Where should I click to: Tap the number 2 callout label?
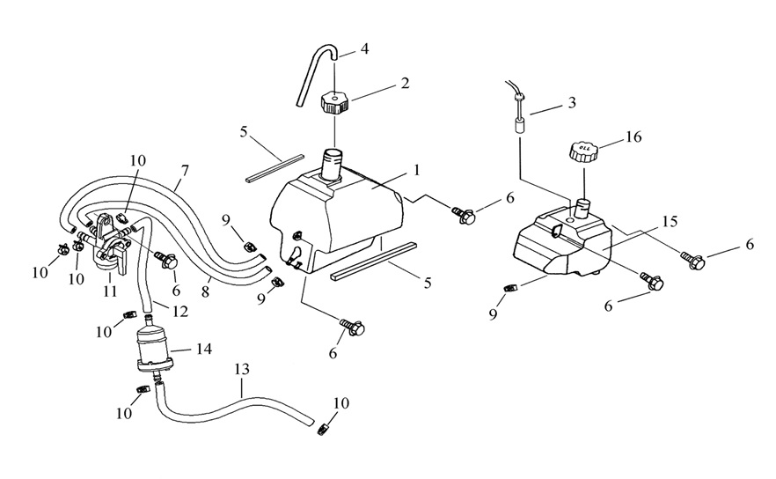point(405,84)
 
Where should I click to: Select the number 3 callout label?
point(572,103)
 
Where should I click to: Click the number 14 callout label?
point(205,350)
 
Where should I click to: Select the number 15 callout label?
point(670,222)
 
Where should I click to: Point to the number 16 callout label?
point(634,136)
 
